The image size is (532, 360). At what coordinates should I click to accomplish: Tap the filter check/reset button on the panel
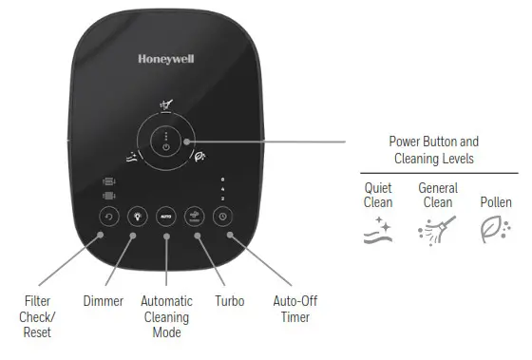click(x=108, y=216)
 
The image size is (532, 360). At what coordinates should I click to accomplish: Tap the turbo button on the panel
click(x=195, y=216)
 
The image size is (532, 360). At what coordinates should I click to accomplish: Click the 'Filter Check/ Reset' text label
click(x=37, y=316)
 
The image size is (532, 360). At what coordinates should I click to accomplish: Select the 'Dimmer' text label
click(x=104, y=301)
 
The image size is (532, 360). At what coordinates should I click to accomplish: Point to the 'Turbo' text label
click(x=229, y=301)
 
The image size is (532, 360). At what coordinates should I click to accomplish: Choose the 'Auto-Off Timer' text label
click(x=294, y=309)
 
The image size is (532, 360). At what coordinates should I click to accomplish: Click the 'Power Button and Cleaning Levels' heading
click(x=436, y=150)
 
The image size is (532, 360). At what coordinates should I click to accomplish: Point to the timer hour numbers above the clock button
click(x=222, y=188)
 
